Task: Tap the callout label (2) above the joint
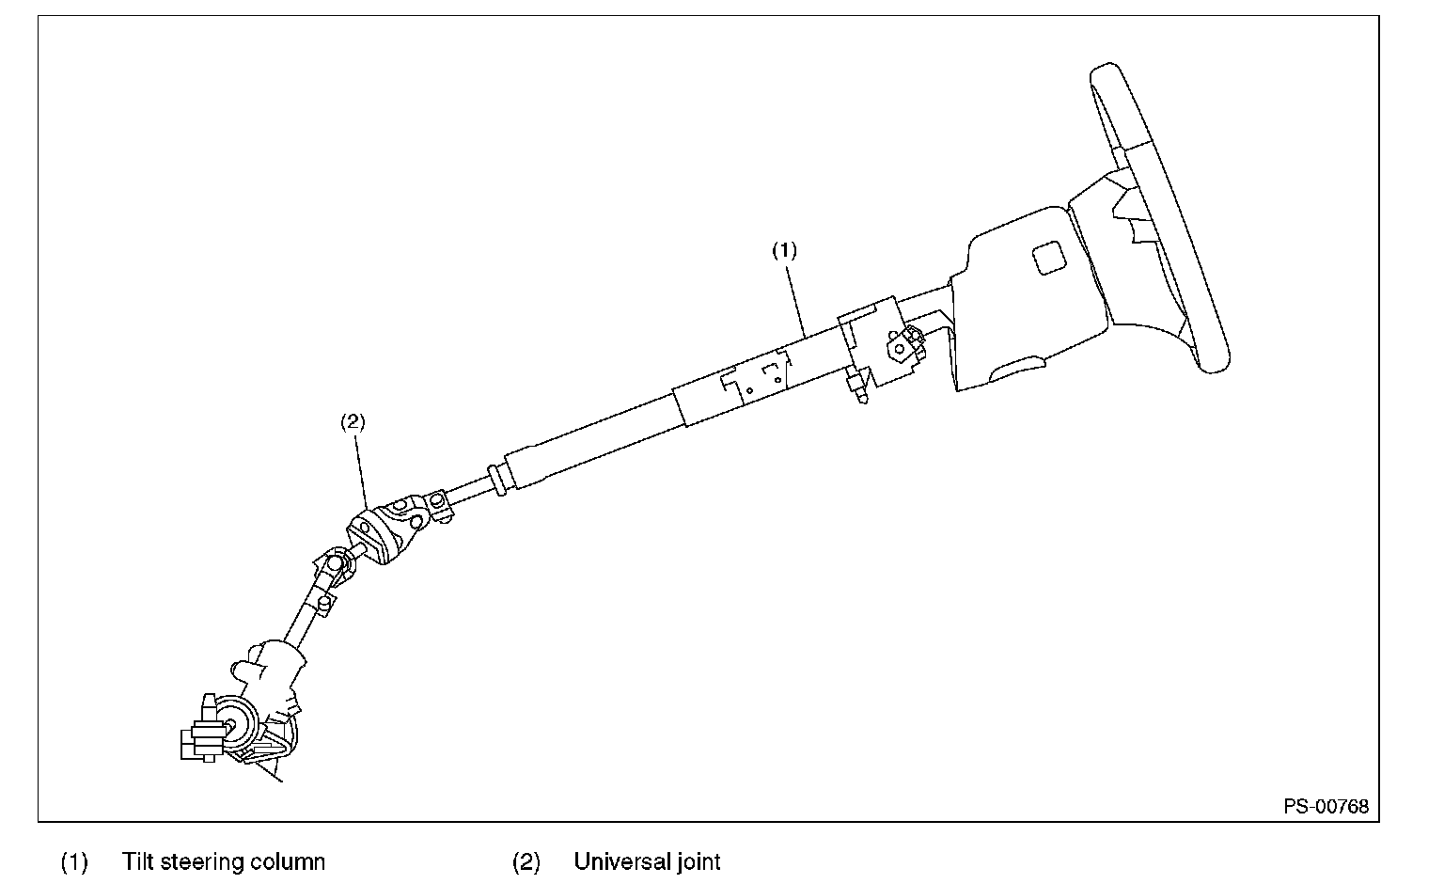[x=352, y=422]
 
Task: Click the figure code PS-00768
[x=1326, y=806]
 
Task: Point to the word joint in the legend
[x=697, y=861]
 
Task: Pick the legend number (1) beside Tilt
[x=74, y=861]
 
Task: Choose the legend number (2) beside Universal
[x=526, y=861]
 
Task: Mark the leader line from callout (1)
[x=797, y=297]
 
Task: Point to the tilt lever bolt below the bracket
[x=856, y=387]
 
